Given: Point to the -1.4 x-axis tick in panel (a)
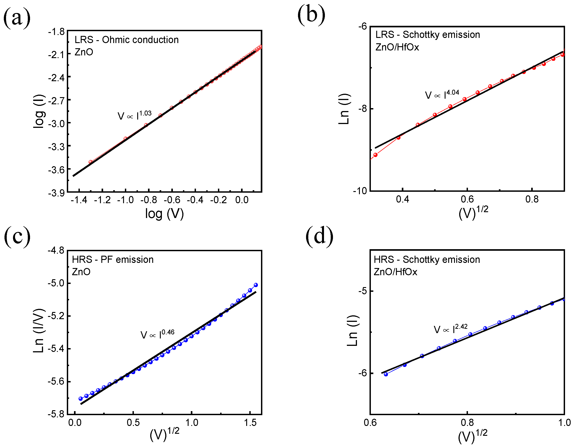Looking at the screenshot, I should [x=79, y=200].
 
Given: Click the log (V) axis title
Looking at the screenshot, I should [x=164, y=214].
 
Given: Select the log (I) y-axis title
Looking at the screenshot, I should [x=39, y=111].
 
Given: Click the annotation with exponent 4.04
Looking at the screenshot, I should [x=442, y=94].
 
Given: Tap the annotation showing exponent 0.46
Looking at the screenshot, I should [x=157, y=334].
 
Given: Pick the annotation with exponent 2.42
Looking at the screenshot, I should [x=450, y=329].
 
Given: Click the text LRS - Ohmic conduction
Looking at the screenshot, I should [x=126, y=40].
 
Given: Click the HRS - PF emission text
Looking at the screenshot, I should [x=113, y=259].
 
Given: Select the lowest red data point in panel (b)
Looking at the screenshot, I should [x=375, y=155].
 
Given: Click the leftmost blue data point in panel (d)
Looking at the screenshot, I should [x=386, y=374].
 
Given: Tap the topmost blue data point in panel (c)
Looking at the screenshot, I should [x=256, y=285].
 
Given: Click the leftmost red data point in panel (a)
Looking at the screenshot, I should [x=90, y=162].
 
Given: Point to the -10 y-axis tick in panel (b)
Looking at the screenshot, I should [x=360, y=191].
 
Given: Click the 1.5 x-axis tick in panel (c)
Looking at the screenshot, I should [x=250, y=423].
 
